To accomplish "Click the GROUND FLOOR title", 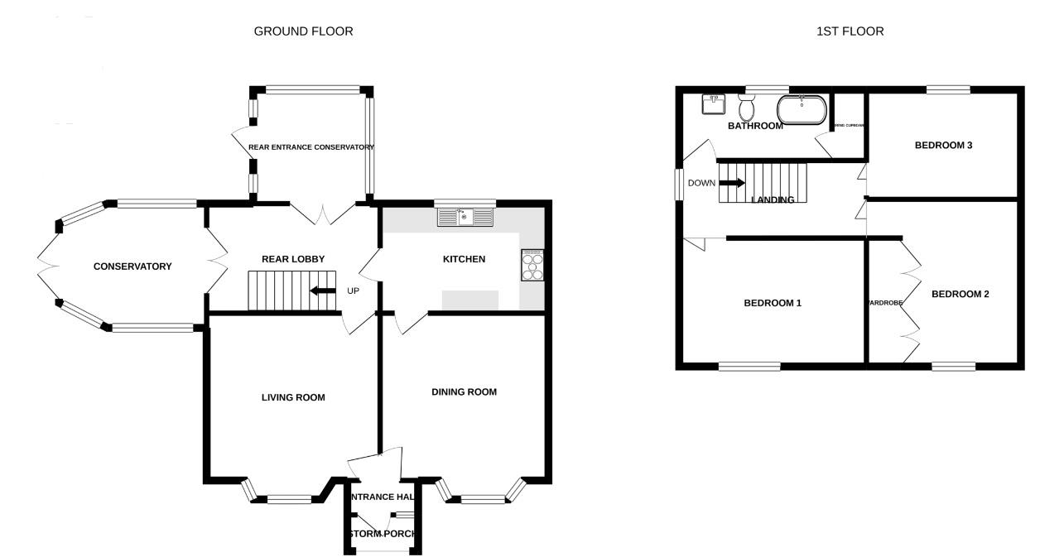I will (303, 31).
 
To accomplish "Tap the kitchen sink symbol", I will (465, 218).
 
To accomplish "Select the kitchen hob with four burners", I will (533, 265).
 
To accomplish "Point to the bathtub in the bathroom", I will (802, 108).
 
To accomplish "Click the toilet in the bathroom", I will (747, 108).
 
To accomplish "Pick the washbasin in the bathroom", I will (713, 103).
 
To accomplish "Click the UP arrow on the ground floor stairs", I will (323, 291).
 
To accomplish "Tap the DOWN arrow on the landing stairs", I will (732, 183).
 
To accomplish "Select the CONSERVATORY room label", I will (132, 266).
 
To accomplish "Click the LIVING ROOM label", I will (288, 397).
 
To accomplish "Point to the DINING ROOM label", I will (464, 391).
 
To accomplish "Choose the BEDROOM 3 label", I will (943, 145).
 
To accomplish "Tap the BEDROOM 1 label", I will (773, 303).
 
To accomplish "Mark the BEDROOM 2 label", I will (961, 294).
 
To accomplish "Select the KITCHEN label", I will (464, 259).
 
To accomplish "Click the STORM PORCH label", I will (382, 534).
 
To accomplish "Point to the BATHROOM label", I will (755, 126).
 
